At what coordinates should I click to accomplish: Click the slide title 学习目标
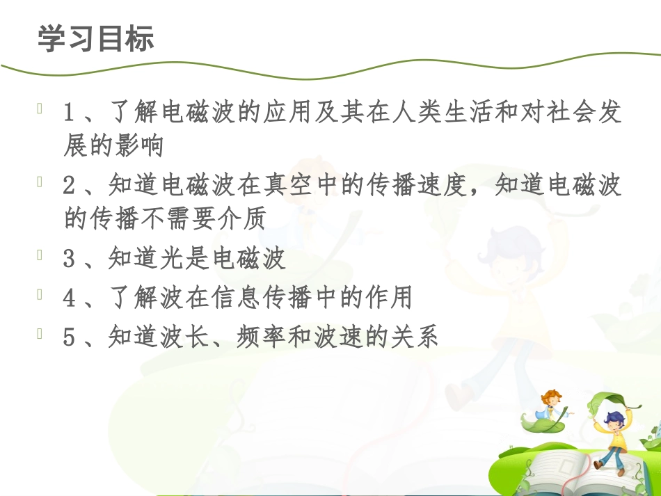tap(95, 40)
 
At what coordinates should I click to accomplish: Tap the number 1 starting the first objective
tap(69, 112)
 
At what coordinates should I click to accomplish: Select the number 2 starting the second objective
tap(69, 185)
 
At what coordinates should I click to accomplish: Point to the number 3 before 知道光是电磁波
tap(69, 259)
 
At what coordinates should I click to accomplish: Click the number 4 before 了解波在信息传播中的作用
tap(69, 298)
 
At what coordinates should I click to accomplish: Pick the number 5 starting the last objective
tap(69, 338)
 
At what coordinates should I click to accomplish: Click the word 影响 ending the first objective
tap(143, 146)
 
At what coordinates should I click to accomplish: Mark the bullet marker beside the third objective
tap(41, 257)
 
